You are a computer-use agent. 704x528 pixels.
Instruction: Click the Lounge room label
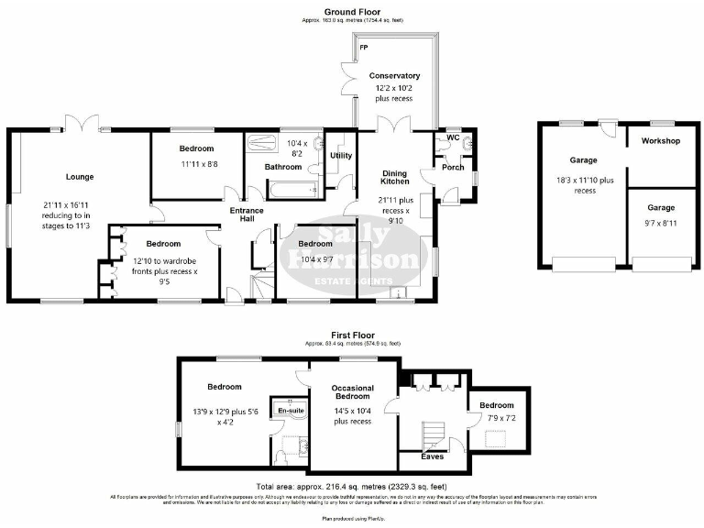(x=79, y=177)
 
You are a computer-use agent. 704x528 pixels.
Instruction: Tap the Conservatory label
(x=394, y=75)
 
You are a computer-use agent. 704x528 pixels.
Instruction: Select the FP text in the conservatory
(x=364, y=46)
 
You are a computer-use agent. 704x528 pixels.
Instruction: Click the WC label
(x=453, y=137)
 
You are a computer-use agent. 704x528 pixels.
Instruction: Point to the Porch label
(x=453, y=167)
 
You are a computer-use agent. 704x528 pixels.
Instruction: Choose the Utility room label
(x=341, y=157)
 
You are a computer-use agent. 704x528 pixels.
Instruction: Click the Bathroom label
(x=283, y=167)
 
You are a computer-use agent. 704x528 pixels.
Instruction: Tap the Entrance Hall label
(x=247, y=215)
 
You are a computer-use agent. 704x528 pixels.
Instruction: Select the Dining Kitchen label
(x=394, y=177)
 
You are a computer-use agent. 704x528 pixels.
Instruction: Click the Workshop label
(x=660, y=141)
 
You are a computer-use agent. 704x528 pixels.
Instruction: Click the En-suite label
(x=291, y=411)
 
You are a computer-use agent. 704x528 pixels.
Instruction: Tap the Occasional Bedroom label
(x=351, y=394)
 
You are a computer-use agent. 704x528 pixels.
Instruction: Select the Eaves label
(x=432, y=456)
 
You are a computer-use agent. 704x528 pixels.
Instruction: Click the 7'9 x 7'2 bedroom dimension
(x=495, y=419)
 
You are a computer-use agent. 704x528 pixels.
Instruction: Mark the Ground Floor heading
(x=352, y=11)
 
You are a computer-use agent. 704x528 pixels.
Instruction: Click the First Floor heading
(x=352, y=335)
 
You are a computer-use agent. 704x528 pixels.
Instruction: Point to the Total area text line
(x=352, y=486)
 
